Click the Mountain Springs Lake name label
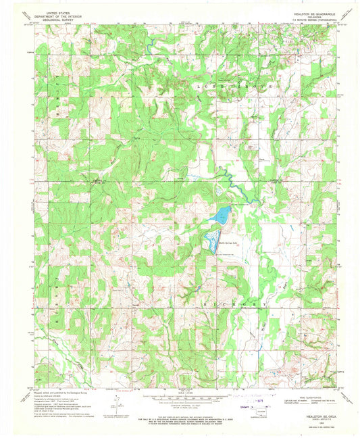pyautogui.click(x=228, y=236)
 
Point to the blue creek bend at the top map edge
pyautogui.click(x=150, y=47)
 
